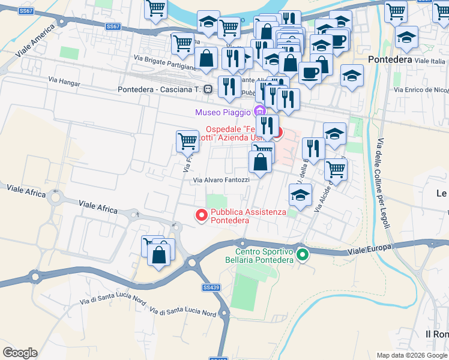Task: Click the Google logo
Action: [20, 353]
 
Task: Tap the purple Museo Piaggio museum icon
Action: [259, 112]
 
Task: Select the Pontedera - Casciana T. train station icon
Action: [208, 89]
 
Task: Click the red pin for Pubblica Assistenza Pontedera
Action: [202, 214]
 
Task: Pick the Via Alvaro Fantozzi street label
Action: [221, 180]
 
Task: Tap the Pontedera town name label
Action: [390, 60]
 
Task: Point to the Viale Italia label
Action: [430, 61]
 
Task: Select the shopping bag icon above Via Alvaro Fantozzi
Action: [260, 162]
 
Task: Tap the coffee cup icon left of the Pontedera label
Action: [309, 73]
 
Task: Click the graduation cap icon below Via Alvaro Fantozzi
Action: [300, 194]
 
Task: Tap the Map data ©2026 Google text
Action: [411, 355]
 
